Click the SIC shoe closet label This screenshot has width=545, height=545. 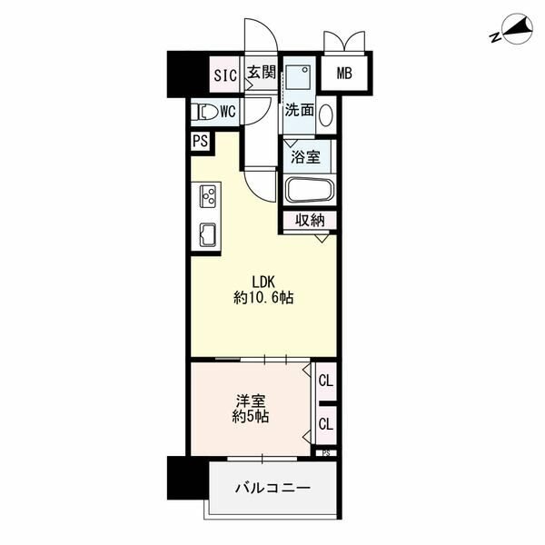(x=225, y=75)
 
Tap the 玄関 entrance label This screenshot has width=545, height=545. (x=262, y=73)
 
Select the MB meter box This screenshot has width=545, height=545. (x=344, y=74)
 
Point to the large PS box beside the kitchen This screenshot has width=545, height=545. (x=200, y=141)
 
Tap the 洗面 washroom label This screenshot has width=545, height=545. (x=299, y=110)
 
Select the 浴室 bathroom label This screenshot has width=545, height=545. (x=305, y=157)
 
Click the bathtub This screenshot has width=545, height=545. (x=310, y=190)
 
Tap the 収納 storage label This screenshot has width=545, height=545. (x=310, y=220)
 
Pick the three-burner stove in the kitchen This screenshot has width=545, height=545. (x=208, y=197)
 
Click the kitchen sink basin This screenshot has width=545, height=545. (x=207, y=235)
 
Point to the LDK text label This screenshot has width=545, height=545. (x=263, y=282)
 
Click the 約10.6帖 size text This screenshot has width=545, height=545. (x=263, y=298)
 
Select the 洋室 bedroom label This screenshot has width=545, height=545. (x=251, y=401)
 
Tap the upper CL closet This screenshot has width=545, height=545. (x=326, y=381)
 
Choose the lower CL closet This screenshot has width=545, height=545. (x=326, y=424)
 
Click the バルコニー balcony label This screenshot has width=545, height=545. (x=272, y=488)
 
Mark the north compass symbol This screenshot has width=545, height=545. (x=513, y=30)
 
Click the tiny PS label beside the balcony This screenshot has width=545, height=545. (x=326, y=453)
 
